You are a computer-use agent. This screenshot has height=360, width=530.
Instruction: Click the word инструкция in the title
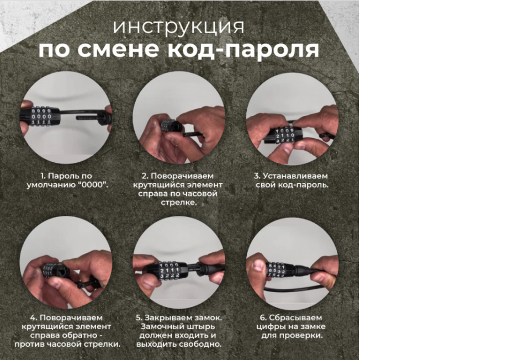point(179,27)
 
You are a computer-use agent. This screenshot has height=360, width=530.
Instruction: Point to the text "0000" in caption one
point(93,185)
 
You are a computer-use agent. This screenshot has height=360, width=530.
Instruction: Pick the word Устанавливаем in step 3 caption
point(301,176)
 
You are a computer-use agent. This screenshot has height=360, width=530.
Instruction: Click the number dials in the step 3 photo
point(281,135)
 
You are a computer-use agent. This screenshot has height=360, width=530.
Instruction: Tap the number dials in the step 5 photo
point(167,269)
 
